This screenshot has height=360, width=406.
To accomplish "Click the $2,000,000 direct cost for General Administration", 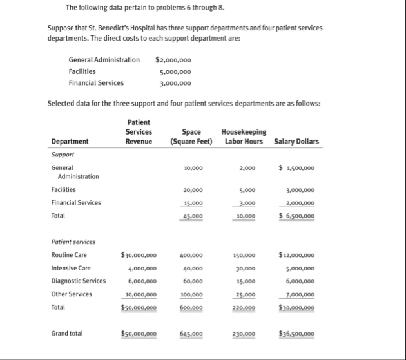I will coord(173,60).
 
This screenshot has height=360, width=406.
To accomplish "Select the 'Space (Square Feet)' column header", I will coord(191,137).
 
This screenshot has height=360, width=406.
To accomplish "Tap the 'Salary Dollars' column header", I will coord(296,141).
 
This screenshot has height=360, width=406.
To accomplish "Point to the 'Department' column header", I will coord(70,141).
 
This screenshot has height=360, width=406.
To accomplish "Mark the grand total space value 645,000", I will coord(191,334).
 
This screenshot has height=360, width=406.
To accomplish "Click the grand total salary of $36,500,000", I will coord(297,334).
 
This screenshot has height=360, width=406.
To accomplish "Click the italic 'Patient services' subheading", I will coord(73,242).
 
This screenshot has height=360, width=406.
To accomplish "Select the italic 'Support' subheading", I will coord(63,155).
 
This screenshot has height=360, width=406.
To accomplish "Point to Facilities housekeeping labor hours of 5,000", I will coord(247,190).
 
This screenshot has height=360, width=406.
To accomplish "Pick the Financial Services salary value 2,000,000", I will coord(298,203).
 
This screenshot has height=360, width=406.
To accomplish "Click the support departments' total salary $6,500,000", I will coord(297,216).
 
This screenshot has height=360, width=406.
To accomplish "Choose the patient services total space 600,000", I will coord(191,308).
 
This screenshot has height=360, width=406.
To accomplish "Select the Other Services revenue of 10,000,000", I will coord(140,294).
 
